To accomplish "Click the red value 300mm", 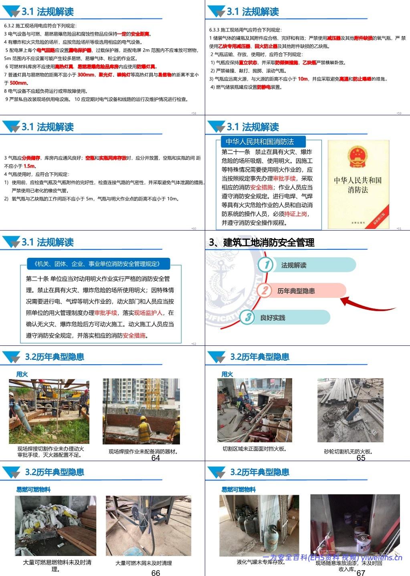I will tap(86, 75).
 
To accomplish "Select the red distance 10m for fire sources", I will tap(303, 79).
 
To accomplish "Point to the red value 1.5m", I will tap(30, 166).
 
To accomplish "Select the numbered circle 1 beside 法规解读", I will tap(266, 265).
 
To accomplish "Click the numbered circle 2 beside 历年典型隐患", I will tap(264, 291).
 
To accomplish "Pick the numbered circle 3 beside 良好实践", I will tap(248, 317).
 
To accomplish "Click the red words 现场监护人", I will tap(148, 313).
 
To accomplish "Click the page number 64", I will tap(156, 458).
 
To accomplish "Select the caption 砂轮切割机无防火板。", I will tap(348, 452).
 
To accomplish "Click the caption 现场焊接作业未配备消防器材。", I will tap(143, 452).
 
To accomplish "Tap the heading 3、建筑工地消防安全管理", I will tap(262, 242).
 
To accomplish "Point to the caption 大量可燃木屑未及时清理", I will tap(143, 563).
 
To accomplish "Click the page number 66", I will tap(156, 573).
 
